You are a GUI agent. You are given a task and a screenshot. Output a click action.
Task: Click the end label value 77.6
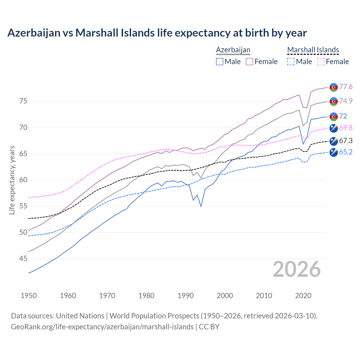(346, 87)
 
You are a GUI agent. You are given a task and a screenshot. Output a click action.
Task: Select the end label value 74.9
(346, 101)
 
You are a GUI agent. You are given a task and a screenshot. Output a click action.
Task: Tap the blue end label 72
(343, 116)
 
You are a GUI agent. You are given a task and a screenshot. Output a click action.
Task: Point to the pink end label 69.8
(346, 128)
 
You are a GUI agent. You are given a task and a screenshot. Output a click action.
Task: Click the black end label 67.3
(346, 141)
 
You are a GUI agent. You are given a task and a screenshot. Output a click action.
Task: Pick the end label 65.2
(346, 152)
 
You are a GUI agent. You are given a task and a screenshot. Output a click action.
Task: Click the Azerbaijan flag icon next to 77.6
(334, 87)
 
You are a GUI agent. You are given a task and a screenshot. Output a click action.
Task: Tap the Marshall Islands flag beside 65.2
(334, 152)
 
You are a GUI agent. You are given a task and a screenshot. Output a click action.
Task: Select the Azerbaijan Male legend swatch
(220, 62)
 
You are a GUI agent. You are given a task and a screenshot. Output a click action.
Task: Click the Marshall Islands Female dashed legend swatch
(321, 62)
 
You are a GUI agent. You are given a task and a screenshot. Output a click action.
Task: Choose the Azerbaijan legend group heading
(233, 50)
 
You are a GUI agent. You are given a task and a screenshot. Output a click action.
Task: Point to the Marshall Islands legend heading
(313, 50)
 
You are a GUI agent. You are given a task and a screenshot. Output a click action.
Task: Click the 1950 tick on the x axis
(29, 296)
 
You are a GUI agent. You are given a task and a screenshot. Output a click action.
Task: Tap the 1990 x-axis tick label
(186, 296)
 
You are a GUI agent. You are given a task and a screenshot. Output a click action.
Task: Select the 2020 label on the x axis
(303, 296)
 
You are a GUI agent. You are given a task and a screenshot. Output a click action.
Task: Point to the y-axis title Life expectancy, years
(12, 180)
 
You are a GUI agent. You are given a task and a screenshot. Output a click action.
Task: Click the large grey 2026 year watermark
(297, 269)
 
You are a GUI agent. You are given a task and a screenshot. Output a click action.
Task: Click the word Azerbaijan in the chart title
(34, 33)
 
